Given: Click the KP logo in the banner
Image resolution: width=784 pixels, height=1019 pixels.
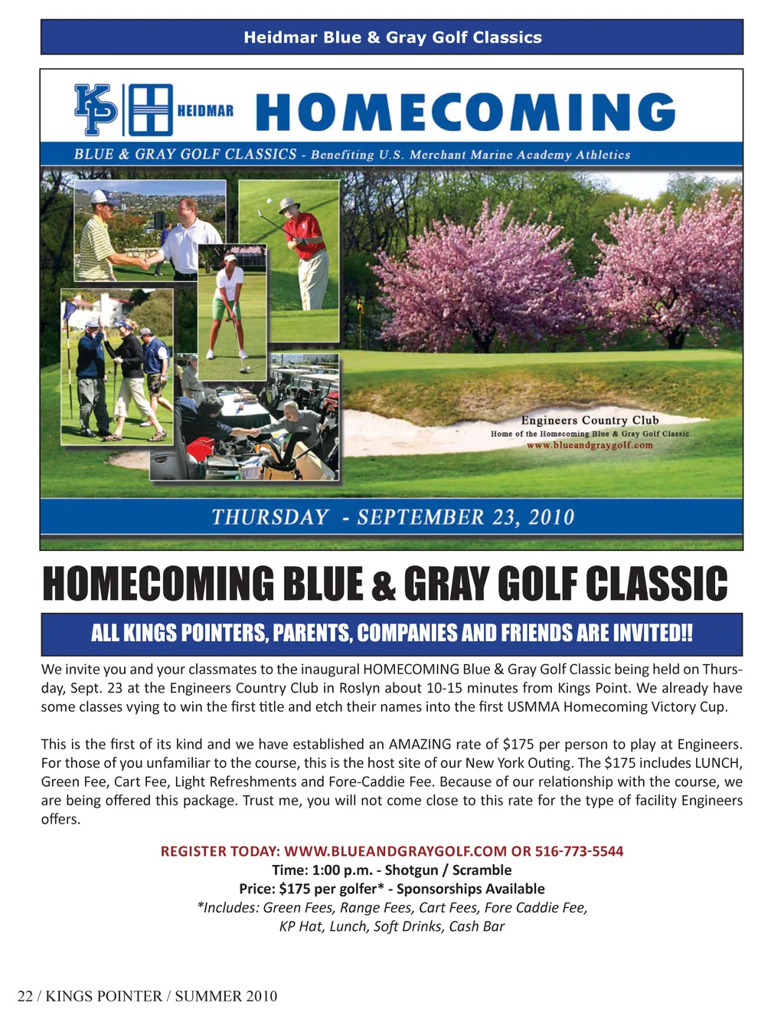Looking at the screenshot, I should (x=96, y=110).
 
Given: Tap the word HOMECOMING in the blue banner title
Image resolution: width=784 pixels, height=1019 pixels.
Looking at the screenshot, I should (x=465, y=112).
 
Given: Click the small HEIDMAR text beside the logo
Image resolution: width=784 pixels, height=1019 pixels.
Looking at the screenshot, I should (x=205, y=111).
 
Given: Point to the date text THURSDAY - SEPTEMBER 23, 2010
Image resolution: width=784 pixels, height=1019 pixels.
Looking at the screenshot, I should (x=392, y=517).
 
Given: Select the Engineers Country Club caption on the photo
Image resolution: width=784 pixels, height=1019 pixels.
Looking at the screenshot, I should (x=590, y=420).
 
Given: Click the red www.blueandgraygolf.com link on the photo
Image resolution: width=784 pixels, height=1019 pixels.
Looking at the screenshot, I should (x=590, y=445).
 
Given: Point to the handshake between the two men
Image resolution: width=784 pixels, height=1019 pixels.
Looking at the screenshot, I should (x=144, y=263).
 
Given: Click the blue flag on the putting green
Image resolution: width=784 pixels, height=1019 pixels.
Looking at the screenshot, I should (x=70, y=310).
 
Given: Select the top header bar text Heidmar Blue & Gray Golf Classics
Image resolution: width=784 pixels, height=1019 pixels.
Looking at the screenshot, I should (x=392, y=38).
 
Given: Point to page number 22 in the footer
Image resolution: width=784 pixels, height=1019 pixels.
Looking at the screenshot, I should (x=24, y=996).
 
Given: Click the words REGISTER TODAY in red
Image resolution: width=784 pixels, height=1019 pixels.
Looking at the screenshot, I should (x=220, y=851).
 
